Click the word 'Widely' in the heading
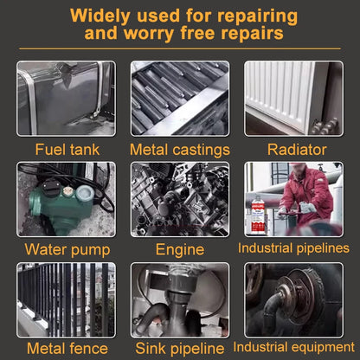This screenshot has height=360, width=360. point(100,16)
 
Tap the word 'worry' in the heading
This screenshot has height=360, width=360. point(149,33)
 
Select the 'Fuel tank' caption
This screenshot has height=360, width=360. point(67,150)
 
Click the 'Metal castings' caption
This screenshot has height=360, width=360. point(180,151)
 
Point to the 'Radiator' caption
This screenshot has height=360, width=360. point(297,150)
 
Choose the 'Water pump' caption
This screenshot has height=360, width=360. point(67,250)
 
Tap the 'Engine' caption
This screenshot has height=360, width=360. point(180,250)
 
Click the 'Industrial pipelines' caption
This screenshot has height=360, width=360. point(293,248)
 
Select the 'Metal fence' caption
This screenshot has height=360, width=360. point(67,349)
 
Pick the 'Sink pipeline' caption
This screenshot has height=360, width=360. point(180,349)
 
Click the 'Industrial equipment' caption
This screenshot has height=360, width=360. point(293,347)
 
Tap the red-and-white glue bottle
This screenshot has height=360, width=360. point(258,215)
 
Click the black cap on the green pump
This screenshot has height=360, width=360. point(51,187)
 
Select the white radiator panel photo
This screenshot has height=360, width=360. point(293,99)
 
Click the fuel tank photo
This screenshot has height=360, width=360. point(66,99)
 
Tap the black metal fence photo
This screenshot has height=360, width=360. point(66,300)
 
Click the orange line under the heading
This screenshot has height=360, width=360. point(180,48)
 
